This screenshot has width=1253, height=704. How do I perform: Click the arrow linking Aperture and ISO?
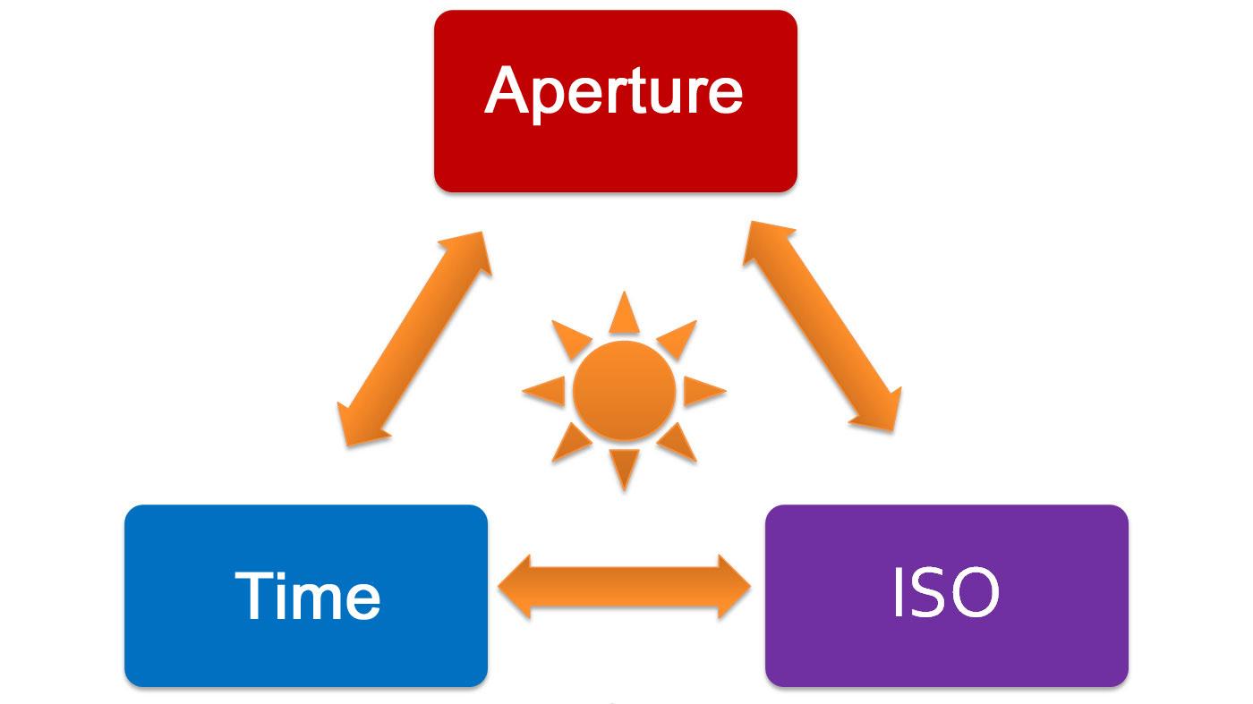click(x=822, y=327)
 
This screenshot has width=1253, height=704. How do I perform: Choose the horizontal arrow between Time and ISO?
click(x=624, y=587)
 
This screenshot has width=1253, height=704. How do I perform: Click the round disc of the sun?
click(x=624, y=391)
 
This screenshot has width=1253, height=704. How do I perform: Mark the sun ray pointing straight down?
click(x=624, y=467)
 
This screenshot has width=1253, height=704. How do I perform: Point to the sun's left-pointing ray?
click(x=546, y=391)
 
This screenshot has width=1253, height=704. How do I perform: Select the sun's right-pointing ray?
click(x=703, y=391)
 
